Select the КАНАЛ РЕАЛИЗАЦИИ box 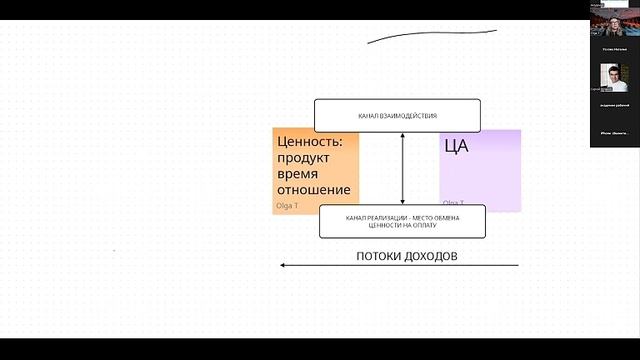[x=402, y=221]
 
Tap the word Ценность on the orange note [x=309, y=143]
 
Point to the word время [x=298, y=174]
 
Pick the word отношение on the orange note [x=313, y=190]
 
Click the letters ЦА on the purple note [x=456, y=146]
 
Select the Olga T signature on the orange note [x=287, y=206]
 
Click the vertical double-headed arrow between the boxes [x=402, y=168]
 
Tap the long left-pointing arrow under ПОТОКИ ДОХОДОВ [x=400, y=265]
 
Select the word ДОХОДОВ [x=431, y=256]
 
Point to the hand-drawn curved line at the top [x=430, y=37]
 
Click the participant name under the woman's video [x=613, y=46]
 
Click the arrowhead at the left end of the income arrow [x=283, y=265]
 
